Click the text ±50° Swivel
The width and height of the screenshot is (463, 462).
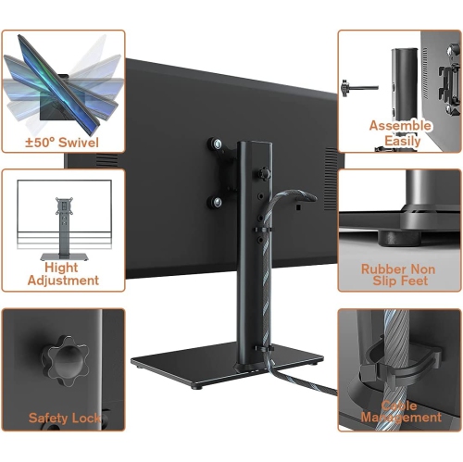62,144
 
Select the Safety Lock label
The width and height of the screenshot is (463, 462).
62,418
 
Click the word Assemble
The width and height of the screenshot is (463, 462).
400,125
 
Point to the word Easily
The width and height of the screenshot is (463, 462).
400,141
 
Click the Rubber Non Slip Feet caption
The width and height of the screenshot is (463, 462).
400,275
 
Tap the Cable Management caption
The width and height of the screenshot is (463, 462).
400,411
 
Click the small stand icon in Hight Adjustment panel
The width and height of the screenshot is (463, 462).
64,222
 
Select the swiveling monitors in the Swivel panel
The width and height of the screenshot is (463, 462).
60,83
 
